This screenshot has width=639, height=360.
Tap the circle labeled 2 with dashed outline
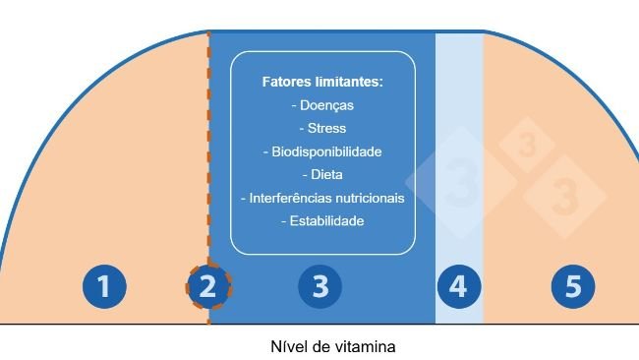[208, 287]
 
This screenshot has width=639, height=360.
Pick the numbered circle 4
[458, 287]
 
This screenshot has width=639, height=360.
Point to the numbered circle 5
[572, 287]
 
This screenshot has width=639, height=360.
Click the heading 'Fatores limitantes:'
[321, 82]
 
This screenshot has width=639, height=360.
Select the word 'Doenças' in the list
[325, 105]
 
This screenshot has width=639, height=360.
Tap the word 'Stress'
[325, 128]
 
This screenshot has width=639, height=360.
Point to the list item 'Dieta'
[325, 175]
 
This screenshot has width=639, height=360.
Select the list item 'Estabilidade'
[325, 221]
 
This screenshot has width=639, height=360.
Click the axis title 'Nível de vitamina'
[332, 346]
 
